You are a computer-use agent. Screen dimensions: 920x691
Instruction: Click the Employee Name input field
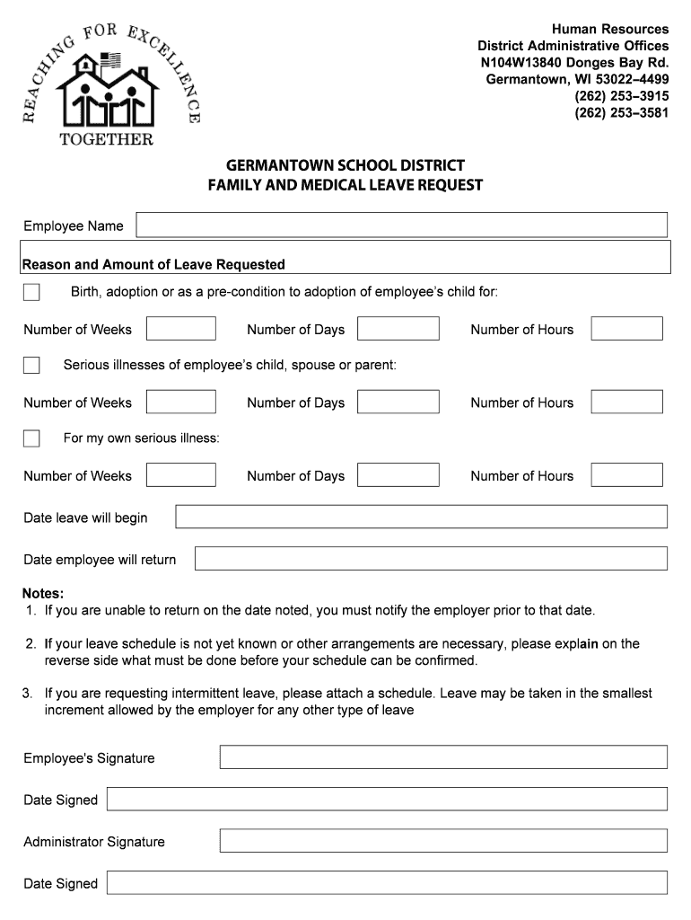coord(401,225)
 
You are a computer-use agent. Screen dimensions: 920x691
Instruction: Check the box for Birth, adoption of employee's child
coord(31,292)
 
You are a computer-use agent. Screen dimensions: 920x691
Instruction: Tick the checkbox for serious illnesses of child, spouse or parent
coord(31,365)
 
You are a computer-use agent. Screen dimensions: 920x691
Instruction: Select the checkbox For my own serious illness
coord(31,438)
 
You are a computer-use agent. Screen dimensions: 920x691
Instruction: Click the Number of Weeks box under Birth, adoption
coord(180,329)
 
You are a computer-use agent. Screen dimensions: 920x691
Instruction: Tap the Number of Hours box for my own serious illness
coord(626,475)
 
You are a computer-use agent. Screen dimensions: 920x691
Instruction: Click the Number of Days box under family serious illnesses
coord(398,402)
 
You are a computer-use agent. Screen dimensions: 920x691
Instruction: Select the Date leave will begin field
coord(421,517)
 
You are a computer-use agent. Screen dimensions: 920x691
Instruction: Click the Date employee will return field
coord(431,559)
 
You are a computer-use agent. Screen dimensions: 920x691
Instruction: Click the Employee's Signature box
coord(443,757)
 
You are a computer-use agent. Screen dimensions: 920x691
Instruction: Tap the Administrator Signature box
coord(443,841)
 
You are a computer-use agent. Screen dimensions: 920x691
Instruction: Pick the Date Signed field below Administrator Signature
coord(387,883)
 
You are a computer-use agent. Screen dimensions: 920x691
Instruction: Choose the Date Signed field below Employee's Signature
coord(387,800)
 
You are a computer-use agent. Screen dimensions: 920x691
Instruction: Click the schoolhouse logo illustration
coord(107,90)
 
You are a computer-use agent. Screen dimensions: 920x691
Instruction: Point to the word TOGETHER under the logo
coord(106,139)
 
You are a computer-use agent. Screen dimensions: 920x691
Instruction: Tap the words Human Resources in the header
coord(610,30)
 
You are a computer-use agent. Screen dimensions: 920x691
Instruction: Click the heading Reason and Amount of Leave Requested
coord(153,264)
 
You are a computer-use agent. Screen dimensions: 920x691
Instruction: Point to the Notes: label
coord(43,594)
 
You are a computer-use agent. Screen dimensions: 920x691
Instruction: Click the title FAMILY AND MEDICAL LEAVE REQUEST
coord(345,186)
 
